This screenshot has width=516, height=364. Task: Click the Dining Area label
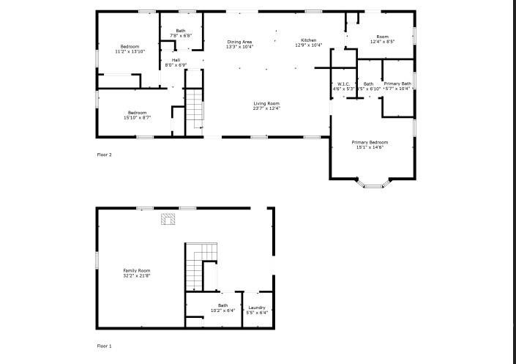pos(239,42)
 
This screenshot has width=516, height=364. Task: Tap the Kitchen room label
pos(308,40)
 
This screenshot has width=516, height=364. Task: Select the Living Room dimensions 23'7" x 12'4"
pos(266,109)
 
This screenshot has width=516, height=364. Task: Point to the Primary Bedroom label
pos(370,142)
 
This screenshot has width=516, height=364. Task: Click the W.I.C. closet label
pos(343,84)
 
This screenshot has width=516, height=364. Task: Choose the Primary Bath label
pos(397,84)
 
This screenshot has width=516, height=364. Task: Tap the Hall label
pos(176,60)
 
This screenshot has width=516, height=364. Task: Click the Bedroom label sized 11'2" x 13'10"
pos(130,47)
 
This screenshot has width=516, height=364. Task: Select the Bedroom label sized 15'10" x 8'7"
pos(137,113)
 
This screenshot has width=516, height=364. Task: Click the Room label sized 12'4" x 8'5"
pos(382,37)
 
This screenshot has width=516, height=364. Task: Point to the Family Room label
pos(137,271)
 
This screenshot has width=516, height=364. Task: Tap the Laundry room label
pos(256,308)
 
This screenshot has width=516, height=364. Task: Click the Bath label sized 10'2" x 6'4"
pos(223,305)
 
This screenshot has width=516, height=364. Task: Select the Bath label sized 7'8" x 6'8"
pos(181,31)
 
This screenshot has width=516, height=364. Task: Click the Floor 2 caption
pos(105,155)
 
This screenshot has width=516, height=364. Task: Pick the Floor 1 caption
pos(105,346)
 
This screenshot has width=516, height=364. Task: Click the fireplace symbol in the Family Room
pos(169,218)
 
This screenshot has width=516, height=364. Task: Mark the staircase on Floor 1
pos(201,267)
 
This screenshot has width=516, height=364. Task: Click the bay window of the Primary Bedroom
pos(373,183)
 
